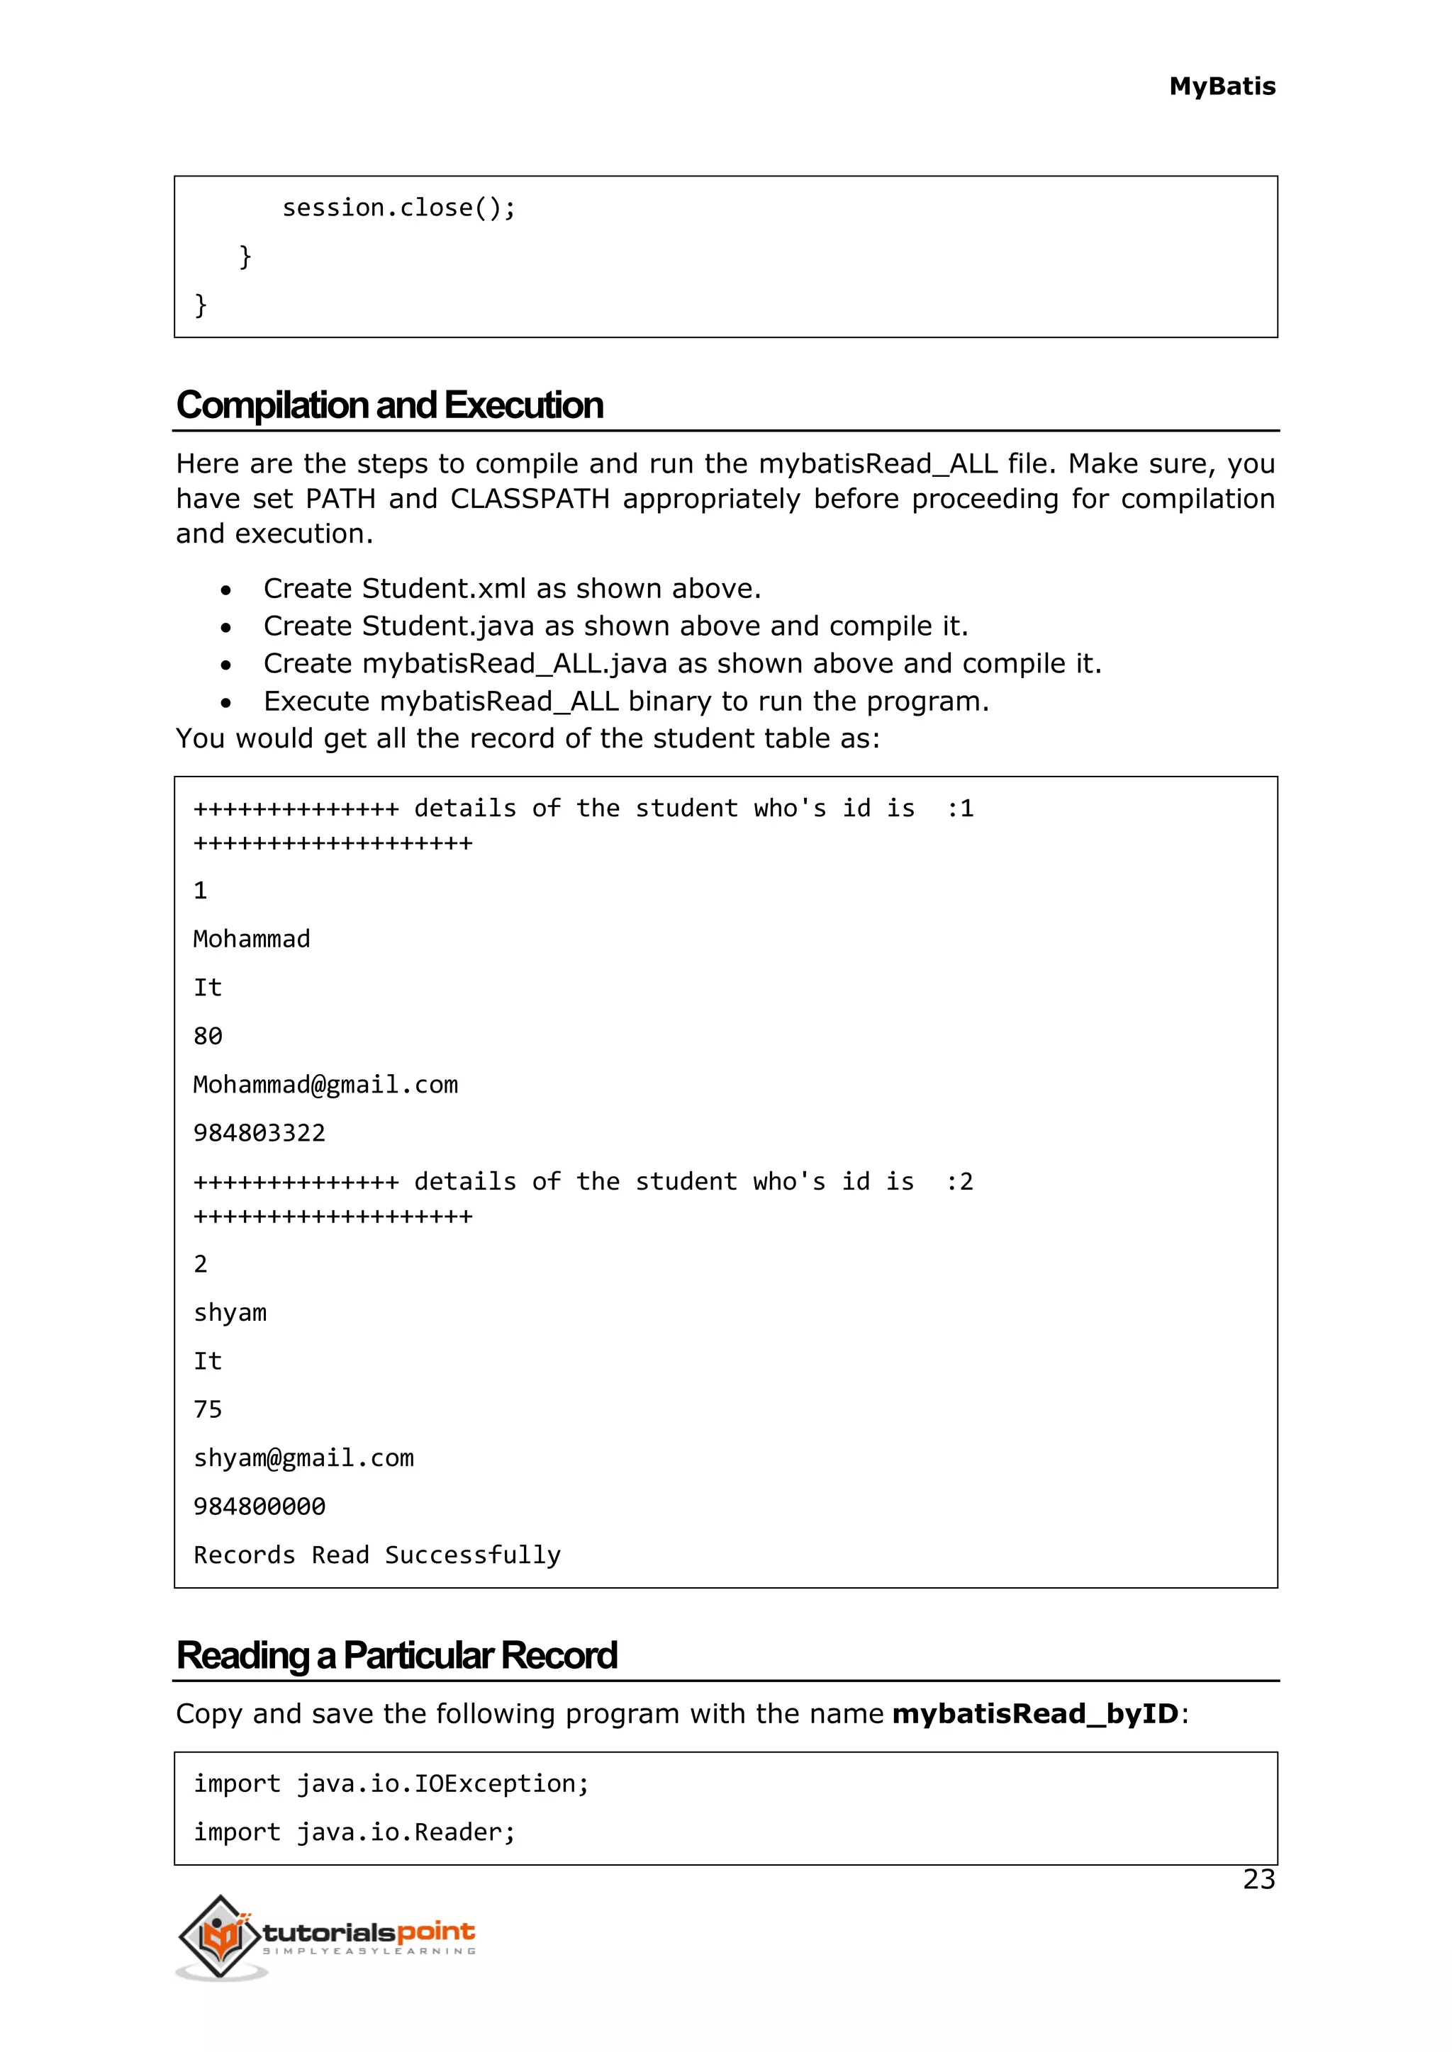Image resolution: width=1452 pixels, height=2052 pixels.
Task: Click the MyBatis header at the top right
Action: (x=1222, y=86)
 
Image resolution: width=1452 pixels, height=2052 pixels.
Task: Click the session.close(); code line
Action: (x=398, y=208)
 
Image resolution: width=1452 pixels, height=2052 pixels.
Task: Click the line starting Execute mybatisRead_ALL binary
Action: (x=626, y=701)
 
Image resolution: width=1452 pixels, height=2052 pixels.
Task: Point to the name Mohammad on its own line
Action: (x=252, y=940)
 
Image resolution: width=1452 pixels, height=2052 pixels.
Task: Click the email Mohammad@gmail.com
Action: (x=325, y=1085)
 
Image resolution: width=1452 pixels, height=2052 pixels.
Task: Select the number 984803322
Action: (x=259, y=1133)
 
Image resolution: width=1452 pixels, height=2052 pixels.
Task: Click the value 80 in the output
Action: (x=208, y=1037)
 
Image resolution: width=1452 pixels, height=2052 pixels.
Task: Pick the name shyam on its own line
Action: (x=230, y=1313)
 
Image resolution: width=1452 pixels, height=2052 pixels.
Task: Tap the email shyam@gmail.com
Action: (x=304, y=1458)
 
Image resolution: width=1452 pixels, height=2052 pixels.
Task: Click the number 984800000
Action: (x=259, y=1507)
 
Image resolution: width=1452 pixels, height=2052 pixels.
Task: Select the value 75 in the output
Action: (x=208, y=1410)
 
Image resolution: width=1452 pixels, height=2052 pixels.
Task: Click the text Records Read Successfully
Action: (x=377, y=1556)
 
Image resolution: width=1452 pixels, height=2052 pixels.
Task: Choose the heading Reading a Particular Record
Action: (x=397, y=1656)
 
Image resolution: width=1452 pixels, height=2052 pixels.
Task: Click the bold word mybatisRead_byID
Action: (x=1035, y=1714)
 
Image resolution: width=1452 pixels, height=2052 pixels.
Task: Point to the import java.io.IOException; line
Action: (x=391, y=1785)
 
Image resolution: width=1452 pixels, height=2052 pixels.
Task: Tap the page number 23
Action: (x=1258, y=1880)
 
